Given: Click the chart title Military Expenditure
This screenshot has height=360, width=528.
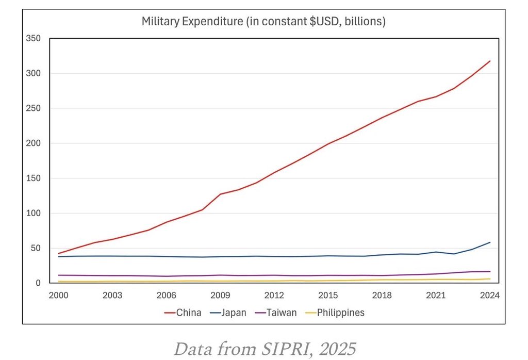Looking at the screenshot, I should (264, 22).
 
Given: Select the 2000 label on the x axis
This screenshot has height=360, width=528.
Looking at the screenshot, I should (59, 296).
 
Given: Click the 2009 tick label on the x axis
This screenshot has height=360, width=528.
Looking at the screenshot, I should (220, 296).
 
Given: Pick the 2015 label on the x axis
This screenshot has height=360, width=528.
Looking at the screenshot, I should (328, 296).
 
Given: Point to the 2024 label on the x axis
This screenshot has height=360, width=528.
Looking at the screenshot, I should (489, 296).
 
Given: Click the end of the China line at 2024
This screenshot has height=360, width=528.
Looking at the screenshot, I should (490, 61).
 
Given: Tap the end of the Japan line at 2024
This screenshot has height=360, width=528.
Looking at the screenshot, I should (490, 242).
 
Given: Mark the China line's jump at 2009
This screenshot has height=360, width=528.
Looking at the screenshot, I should (221, 194).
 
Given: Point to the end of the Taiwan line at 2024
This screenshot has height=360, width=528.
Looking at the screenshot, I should (490, 272).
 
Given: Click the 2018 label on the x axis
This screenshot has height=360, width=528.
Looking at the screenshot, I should (382, 296).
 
